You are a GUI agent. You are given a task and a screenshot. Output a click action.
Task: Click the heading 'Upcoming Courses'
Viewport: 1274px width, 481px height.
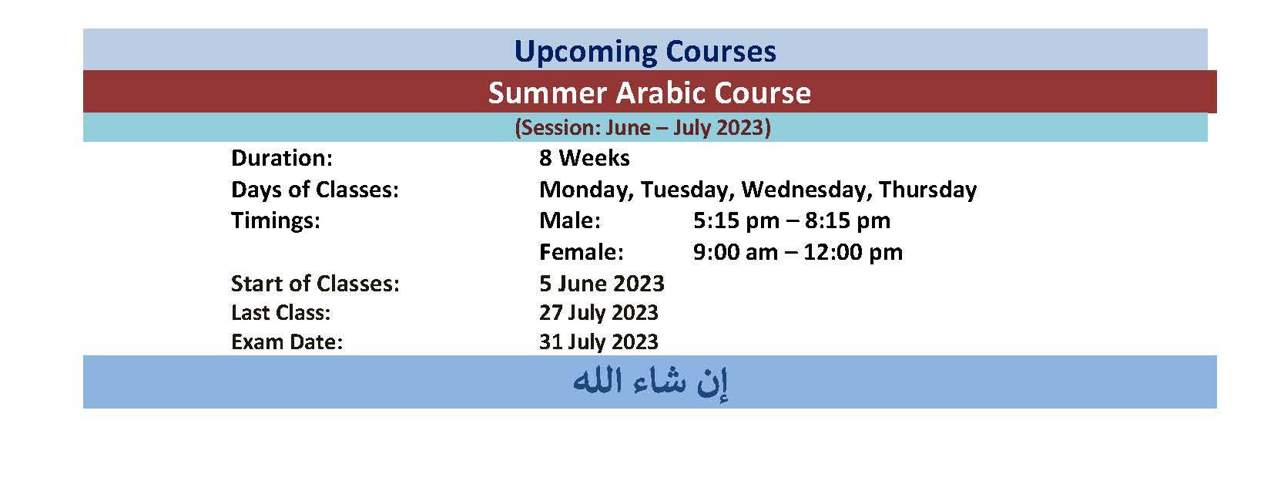[x=645, y=52]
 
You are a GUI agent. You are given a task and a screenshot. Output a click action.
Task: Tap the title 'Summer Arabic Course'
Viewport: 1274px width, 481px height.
[x=649, y=92]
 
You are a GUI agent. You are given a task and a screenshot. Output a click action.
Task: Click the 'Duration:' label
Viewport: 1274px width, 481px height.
[x=282, y=158]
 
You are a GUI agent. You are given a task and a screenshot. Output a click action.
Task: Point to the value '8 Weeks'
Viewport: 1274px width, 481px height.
[x=584, y=158]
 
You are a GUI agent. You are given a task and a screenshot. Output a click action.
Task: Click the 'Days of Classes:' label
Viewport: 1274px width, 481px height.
[x=315, y=190]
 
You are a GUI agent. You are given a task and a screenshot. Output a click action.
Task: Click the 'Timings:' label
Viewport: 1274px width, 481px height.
[x=276, y=221]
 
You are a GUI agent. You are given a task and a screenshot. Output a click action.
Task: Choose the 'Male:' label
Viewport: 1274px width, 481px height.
[x=570, y=220]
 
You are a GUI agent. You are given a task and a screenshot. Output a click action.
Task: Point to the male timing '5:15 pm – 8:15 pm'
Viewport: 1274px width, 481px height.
[x=792, y=221]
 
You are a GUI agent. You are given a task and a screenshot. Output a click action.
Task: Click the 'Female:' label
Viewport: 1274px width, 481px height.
[x=582, y=251]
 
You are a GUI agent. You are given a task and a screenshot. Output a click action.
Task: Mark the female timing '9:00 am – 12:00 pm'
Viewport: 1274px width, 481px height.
[x=798, y=252]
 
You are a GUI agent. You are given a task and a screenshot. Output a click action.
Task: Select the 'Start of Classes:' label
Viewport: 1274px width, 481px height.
[x=315, y=284]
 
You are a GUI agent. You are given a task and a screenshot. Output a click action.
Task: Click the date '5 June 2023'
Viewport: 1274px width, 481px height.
[x=602, y=284]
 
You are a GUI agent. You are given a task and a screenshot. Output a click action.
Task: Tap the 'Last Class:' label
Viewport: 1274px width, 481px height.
[x=281, y=312]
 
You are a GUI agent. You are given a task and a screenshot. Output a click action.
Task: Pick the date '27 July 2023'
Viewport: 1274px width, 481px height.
[x=598, y=313]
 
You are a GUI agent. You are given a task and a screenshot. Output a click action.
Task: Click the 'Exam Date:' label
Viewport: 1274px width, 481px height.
[x=287, y=342]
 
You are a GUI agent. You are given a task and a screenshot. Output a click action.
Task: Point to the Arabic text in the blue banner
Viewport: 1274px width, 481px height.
[x=650, y=382]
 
